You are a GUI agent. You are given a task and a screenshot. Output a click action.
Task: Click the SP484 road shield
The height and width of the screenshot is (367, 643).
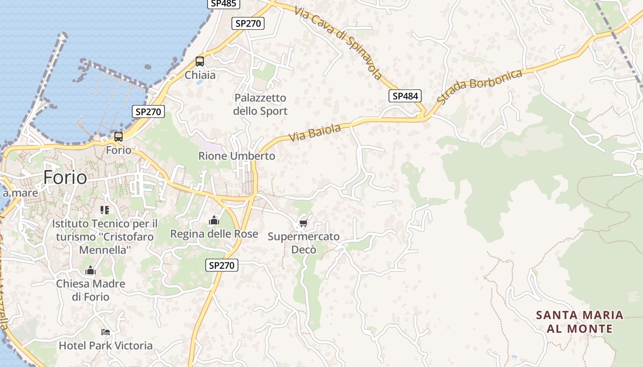(x=405, y=96)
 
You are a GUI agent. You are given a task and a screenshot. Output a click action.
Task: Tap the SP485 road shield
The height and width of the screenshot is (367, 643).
(x=223, y=4)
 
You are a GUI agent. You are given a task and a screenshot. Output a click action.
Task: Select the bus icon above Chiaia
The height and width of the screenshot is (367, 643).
(x=200, y=61)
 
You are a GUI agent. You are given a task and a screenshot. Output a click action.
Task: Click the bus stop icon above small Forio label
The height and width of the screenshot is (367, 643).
(x=118, y=137)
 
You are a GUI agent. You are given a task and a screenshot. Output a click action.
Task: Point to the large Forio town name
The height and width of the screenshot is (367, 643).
(x=65, y=178)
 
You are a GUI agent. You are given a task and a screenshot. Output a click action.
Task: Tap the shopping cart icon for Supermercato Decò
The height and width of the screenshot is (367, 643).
(x=303, y=223)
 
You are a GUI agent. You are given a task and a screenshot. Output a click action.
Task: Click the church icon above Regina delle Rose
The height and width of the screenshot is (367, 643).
(x=214, y=221)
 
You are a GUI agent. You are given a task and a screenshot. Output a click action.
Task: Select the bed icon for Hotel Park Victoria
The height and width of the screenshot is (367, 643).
(x=106, y=332)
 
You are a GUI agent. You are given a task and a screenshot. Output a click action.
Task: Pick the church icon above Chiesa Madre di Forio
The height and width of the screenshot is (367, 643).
(x=90, y=270)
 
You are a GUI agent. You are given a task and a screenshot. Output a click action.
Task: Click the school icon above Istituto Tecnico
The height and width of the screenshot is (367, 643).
(x=105, y=210)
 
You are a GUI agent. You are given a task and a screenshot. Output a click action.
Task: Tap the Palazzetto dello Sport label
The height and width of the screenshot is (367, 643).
(x=260, y=105)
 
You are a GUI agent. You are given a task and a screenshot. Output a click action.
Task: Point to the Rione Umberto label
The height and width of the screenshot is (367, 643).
(x=237, y=156)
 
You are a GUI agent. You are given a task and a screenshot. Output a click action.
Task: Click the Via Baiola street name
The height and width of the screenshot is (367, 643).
(x=315, y=132)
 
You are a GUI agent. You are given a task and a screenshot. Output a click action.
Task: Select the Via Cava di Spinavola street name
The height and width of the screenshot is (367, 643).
(x=338, y=43)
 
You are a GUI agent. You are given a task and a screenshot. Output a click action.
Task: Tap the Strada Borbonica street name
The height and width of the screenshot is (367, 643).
(x=479, y=86)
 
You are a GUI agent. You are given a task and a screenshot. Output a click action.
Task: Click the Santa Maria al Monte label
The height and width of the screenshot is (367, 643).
(x=580, y=322)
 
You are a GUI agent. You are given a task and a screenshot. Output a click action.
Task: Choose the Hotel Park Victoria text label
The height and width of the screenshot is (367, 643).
(x=106, y=345)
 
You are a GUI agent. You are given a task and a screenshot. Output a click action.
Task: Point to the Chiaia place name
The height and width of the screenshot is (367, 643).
(x=200, y=75)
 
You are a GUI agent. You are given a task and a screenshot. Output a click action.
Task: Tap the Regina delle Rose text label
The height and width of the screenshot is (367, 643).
(x=214, y=234)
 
